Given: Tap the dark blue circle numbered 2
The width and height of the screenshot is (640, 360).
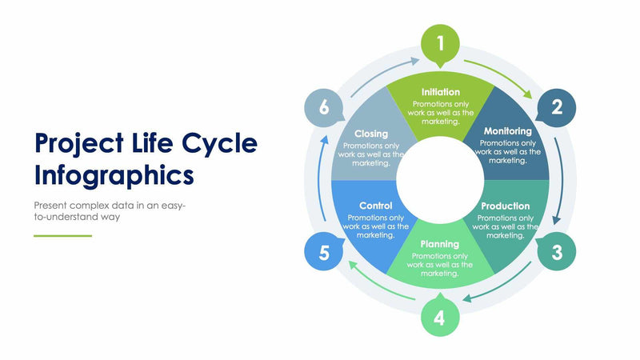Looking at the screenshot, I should pos(557,106).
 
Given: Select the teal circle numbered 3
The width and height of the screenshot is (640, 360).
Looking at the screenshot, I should pos(557,253).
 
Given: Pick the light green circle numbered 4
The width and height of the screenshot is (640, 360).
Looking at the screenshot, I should pos(440,318).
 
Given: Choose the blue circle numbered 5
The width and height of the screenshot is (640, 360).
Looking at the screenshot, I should pos(324,253).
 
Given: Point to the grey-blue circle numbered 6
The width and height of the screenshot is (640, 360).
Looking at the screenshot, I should pos(324,106).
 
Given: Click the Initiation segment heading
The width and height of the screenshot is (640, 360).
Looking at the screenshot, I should pos(440,92).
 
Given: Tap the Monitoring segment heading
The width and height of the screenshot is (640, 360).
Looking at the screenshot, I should pos(507,131).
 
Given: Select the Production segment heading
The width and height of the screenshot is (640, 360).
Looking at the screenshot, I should pos(505,206).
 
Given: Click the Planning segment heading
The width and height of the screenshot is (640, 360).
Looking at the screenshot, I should pos(440,244).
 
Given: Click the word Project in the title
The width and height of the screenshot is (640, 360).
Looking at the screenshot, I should pos(78,144).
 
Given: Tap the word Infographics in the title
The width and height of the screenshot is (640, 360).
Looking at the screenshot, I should pos(114,174).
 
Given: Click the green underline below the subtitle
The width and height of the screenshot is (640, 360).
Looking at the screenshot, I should pos(62,236).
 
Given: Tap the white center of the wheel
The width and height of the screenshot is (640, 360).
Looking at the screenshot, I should pos(439,171).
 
